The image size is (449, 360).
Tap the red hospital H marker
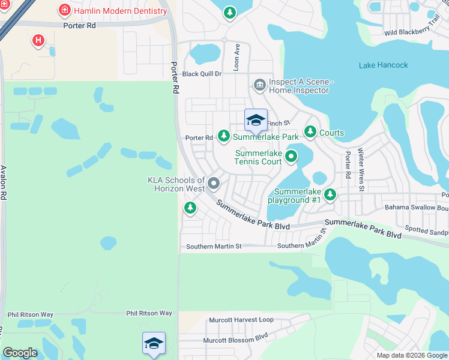[38, 40]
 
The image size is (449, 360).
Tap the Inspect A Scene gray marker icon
[259, 84]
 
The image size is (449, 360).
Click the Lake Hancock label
[383, 65]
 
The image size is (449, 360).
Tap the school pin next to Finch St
[256, 120]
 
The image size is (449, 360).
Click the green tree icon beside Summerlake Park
[224, 137]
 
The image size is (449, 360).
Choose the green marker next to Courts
[310, 131]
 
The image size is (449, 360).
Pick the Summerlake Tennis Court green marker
[291, 157]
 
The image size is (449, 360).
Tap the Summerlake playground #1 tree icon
[330, 194]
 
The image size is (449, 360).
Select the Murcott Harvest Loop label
[241, 320]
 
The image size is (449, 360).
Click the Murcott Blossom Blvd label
[235, 340]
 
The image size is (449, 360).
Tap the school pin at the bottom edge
[154, 343]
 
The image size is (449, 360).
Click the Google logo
[20, 353]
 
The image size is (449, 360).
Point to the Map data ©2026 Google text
[411, 355]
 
